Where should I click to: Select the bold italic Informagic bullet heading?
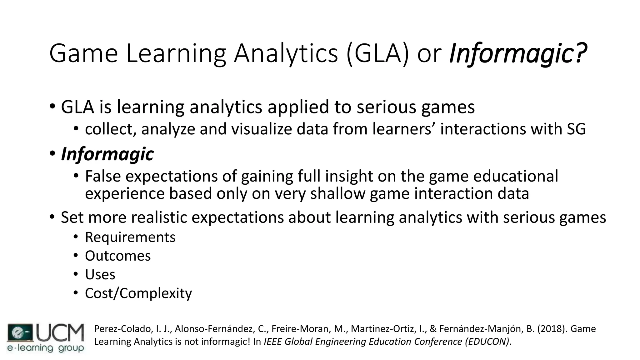107,154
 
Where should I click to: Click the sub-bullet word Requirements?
130,237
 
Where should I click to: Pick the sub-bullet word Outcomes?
118,256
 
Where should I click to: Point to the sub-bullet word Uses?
100,275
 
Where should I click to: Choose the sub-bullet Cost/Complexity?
138,293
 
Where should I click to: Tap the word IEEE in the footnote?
273,342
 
